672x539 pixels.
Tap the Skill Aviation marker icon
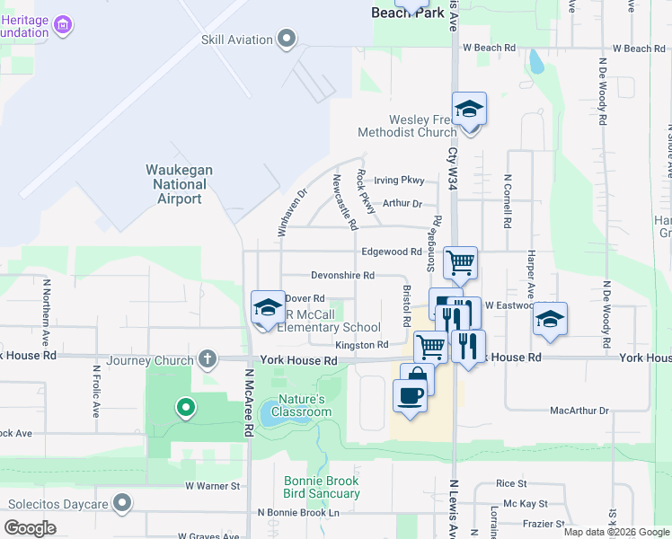pos(287,39)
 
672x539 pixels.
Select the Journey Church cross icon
pos(208,360)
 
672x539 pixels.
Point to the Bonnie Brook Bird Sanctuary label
pos(322,487)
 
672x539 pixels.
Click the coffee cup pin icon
pos(411,395)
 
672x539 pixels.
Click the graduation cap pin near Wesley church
pos(469,110)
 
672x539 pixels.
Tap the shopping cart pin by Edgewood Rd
pos(461,262)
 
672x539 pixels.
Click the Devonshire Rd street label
pos(342,275)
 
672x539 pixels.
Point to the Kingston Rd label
pos(361,345)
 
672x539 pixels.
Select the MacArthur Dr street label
pos(579,411)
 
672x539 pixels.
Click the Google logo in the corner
pos(30,528)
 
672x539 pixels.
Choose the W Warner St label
pos(213,486)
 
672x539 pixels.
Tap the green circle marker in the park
pos(186,409)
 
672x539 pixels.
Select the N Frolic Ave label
pos(96,391)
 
